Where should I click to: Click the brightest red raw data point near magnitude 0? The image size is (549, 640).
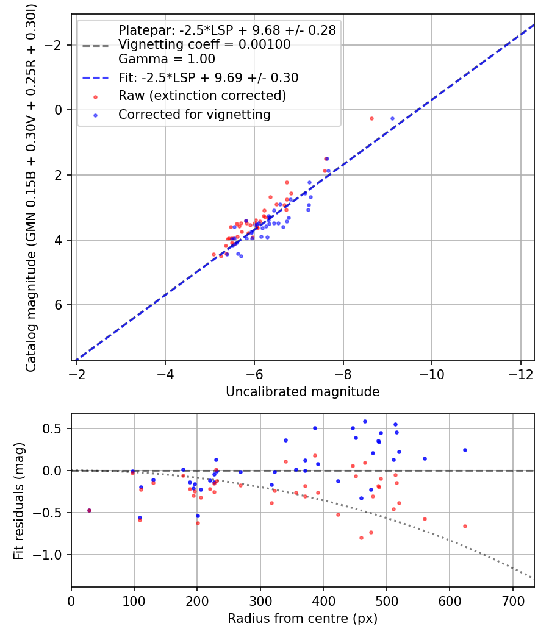tap(371, 118)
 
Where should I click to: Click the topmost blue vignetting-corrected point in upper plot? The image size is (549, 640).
tap(392, 118)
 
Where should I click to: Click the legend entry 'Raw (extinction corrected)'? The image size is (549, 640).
tap(202, 96)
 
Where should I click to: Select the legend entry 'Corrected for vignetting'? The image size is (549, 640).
tap(194, 114)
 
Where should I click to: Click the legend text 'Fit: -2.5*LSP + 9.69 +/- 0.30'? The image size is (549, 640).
tap(208, 78)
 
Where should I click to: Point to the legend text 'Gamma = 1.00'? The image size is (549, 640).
tap(167, 60)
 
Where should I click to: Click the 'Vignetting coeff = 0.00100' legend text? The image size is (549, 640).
tap(204, 44)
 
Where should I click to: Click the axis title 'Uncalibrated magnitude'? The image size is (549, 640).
tap(303, 392)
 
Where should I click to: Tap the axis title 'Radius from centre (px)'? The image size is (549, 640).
tap(303, 619)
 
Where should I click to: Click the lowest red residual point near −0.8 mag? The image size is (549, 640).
tap(361, 538)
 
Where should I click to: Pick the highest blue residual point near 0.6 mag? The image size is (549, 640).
tap(365, 421)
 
